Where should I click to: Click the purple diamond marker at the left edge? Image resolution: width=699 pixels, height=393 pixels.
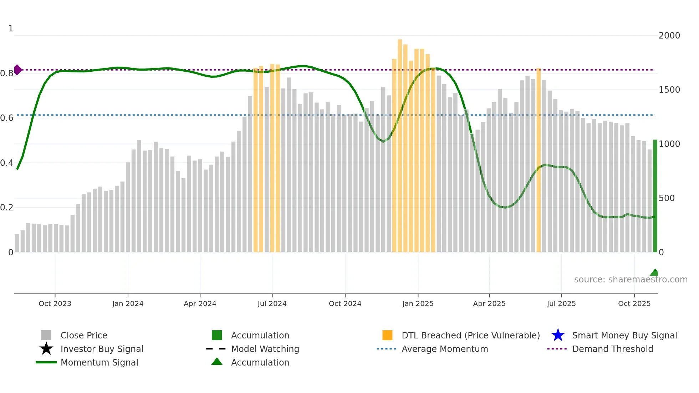click(17, 70)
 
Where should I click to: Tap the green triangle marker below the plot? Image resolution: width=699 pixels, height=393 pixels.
click(654, 273)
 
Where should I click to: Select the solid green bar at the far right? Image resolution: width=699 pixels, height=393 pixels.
click(655, 196)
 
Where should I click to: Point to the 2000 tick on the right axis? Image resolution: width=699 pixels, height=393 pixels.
click(669, 36)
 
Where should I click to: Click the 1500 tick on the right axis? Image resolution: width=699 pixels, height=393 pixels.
click(669, 90)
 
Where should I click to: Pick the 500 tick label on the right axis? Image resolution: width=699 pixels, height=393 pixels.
click(667, 198)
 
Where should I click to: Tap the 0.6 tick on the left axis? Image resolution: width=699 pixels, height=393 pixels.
click(7, 118)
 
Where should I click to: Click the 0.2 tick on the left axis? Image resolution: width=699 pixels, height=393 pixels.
click(7, 208)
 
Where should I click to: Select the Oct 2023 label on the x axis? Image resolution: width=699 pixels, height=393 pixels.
click(55, 303)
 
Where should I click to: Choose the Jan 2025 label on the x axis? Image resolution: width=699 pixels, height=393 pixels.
click(418, 303)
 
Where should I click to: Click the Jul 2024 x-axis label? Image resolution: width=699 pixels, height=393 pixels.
click(272, 303)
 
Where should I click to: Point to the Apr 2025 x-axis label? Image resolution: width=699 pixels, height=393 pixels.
click(489, 303)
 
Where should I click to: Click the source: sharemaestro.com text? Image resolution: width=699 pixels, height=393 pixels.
click(631, 280)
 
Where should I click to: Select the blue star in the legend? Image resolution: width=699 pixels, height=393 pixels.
click(558, 335)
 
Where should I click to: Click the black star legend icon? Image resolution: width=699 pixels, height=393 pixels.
click(46, 349)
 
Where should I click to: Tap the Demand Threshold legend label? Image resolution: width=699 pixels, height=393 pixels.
click(612, 349)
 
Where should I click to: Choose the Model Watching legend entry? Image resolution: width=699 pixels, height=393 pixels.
click(265, 349)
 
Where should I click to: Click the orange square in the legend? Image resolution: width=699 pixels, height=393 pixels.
click(387, 335)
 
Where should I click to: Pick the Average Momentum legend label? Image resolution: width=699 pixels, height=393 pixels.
click(445, 349)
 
